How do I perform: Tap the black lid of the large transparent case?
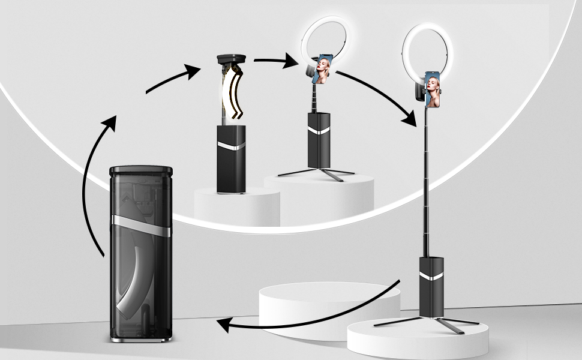(141, 170)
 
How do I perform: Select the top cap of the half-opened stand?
(231, 59)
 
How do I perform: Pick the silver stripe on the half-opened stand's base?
(231, 146)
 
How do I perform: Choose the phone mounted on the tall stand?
(432, 89)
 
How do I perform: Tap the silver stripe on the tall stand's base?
(431, 275)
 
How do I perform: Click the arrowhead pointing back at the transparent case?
(224, 325)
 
